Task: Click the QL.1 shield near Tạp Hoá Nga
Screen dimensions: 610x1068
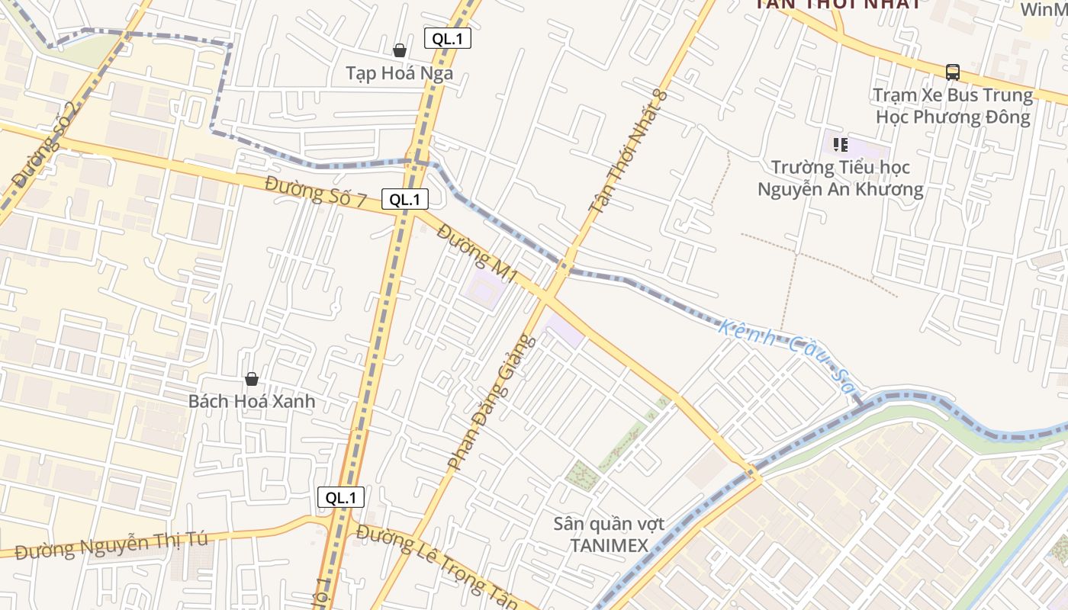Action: point(448,39)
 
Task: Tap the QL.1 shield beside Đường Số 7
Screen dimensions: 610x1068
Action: point(405,200)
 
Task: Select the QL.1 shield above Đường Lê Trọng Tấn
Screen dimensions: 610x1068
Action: point(341,498)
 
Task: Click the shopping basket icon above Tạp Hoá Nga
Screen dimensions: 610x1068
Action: point(400,50)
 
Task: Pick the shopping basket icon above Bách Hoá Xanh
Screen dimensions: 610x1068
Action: point(252,379)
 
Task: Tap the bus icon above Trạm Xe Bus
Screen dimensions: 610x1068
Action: point(953,72)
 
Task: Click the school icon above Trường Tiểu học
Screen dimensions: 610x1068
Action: point(841,144)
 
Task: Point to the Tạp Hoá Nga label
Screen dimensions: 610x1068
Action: point(400,73)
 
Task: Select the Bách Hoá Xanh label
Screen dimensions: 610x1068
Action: point(252,401)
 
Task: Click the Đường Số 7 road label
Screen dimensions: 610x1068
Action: point(316,191)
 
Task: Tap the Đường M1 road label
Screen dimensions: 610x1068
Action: point(478,253)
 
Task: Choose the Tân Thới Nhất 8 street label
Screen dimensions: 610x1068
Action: point(628,152)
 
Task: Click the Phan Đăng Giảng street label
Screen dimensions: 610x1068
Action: point(492,403)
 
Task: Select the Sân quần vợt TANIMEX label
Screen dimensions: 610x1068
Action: point(609,535)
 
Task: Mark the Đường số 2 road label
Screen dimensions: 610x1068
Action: point(46,145)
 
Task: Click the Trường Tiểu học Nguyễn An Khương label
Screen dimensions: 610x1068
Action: point(841,178)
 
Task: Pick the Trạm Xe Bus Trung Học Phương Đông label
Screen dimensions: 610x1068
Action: point(953,106)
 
